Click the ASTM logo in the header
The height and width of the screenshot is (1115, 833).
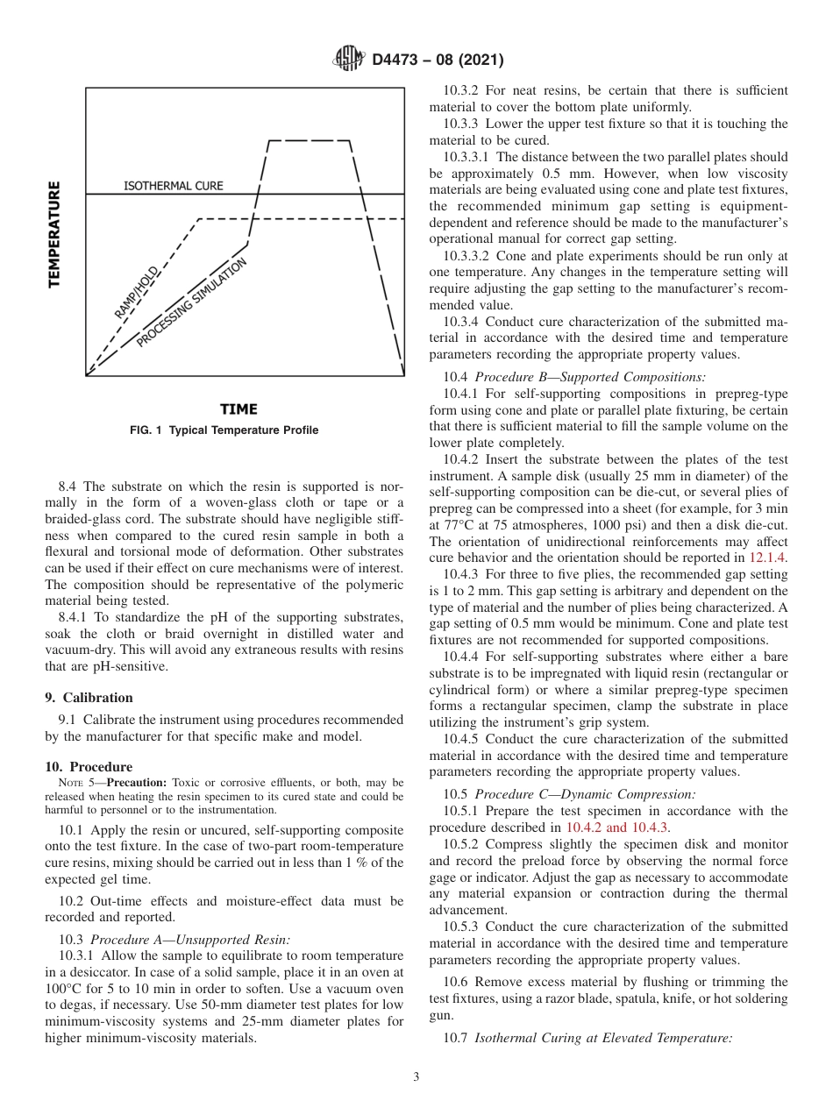(350, 60)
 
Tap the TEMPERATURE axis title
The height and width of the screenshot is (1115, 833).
(54, 233)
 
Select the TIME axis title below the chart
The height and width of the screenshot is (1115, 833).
(239, 409)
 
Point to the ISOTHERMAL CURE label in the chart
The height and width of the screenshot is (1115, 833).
(173, 186)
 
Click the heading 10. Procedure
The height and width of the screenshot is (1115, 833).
(89, 766)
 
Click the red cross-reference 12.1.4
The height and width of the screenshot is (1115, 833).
(767, 557)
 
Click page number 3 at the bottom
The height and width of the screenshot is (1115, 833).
(416, 1077)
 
